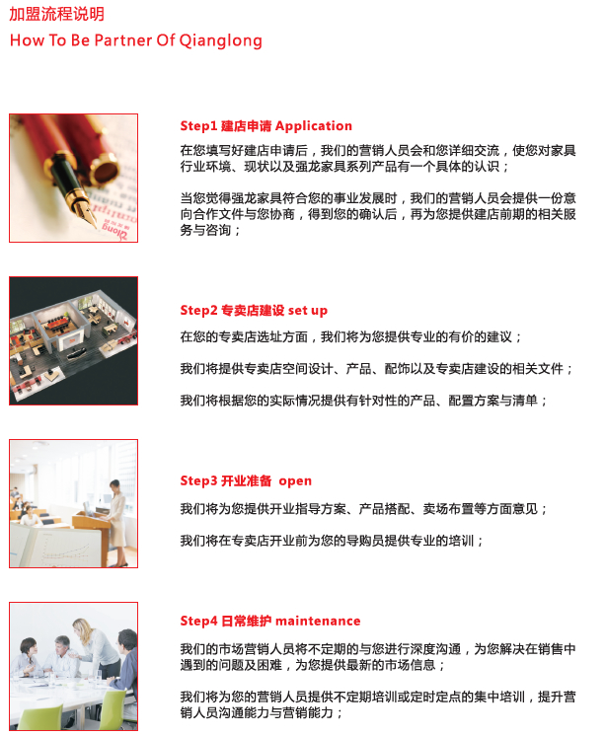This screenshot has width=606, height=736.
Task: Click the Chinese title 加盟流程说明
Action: tap(57, 14)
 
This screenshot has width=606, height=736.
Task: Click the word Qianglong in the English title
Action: tap(221, 40)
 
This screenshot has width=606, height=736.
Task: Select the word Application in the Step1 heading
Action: tap(314, 126)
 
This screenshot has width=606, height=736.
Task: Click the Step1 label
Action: tap(198, 126)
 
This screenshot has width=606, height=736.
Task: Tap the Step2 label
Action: tap(199, 310)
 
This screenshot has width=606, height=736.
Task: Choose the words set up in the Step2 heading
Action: tap(308, 311)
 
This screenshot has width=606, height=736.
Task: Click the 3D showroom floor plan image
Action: tap(74, 340)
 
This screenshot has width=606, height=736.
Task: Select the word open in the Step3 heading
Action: tap(295, 481)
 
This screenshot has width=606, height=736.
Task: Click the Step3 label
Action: tap(199, 480)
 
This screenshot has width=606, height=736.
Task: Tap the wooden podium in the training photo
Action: tap(92, 535)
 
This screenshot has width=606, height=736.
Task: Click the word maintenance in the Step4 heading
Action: tap(318, 621)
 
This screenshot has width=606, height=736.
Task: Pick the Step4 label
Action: tap(199, 621)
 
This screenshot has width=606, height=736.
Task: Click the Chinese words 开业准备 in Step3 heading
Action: tap(247, 480)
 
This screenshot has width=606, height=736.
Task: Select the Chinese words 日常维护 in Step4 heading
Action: tap(247, 621)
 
